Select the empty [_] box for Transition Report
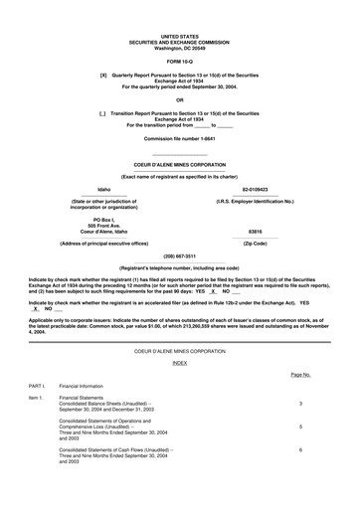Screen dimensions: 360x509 pos(103,114)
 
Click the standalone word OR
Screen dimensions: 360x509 pos(180,100)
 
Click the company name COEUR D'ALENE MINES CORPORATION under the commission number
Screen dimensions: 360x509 pos(180,164)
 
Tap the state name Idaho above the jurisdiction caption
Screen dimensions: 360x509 pos(103,188)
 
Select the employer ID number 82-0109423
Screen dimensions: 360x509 pos(256,188)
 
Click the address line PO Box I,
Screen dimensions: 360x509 pos(103,219)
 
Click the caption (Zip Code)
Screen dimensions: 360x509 pos(256,244)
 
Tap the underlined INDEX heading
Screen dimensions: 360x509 pos(180,364)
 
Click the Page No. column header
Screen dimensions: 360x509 pos(300,376)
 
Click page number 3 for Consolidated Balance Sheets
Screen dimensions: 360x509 pos(300,404)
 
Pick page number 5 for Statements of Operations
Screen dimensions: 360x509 pos(300,426)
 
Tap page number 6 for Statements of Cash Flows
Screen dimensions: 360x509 pos(300,450)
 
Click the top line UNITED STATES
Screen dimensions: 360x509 pos(180,34)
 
